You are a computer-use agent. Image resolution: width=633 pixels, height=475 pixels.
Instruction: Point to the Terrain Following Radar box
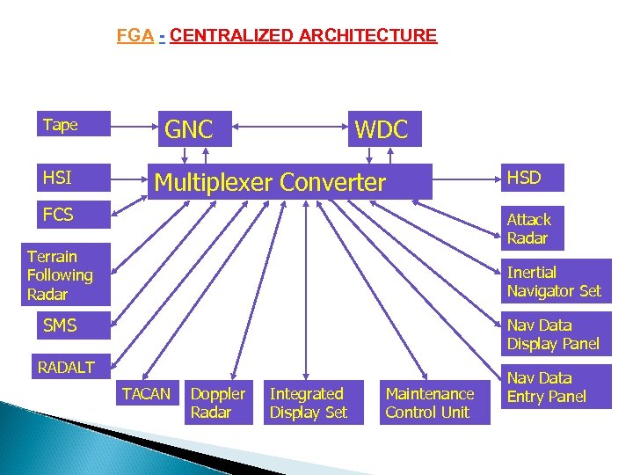click(66, 274)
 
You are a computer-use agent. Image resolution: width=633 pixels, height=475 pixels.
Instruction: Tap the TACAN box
click(146, 394)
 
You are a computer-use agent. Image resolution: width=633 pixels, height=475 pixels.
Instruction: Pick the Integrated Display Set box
click(308, 403)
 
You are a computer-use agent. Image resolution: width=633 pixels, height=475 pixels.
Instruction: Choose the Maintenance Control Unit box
click(430, 403)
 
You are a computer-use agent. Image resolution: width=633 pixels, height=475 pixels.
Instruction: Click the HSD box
click(531, 178)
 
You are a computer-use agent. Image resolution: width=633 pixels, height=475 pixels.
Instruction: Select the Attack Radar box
click(531, 229)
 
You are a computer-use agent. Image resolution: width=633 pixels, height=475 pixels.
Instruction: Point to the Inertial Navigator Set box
click(555, 281)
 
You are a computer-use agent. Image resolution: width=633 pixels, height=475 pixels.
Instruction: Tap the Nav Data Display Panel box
click(555, 334)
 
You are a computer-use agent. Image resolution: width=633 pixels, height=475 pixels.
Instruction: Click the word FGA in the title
click(135, 36)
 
